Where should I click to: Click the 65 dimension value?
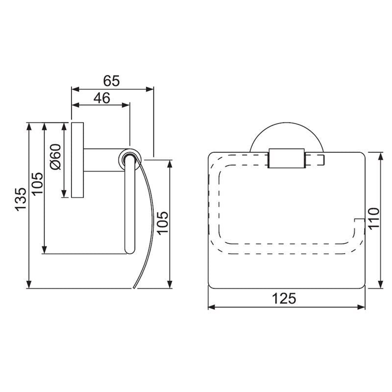pos(112,80)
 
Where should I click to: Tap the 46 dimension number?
pos(101,98)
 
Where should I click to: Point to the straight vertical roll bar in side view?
pos(129,211)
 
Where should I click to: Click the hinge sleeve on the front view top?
pos(287,158)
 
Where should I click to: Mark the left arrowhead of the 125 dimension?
pos(211,307)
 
